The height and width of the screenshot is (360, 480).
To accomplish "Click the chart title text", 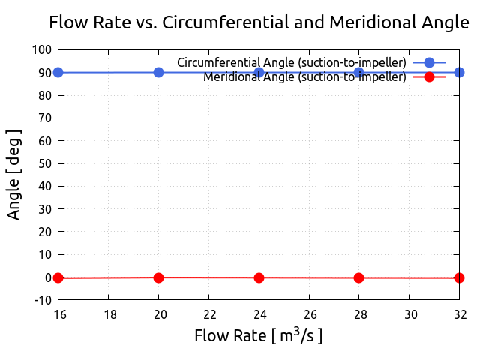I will click(259, 22).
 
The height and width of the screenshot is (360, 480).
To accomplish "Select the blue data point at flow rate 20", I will click(158, 72).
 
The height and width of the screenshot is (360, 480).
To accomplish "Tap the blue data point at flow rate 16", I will click(58, 72).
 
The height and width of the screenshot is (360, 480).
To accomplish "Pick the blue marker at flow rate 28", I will click(359, 72).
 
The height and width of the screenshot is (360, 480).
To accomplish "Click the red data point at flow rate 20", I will click(158, 277).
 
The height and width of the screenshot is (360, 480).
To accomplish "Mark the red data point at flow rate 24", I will click(259, 277).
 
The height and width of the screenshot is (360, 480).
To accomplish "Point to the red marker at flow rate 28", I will click(359, 277).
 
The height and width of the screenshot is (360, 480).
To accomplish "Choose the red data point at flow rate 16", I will click(58, 277).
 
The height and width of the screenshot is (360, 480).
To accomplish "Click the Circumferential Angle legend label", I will click(292, 62).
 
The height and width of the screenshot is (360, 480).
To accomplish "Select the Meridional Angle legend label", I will click(304, 76).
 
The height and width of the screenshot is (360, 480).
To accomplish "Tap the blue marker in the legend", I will click(429, 62).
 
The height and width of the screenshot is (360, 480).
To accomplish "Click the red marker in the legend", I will click(429, 76).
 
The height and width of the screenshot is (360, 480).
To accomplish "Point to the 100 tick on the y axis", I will click(42, 49).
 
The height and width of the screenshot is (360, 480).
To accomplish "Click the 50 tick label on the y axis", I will click(45, 163).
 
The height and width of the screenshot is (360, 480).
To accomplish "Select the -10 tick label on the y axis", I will click(42, 300).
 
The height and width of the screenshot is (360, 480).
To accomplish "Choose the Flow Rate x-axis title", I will click(259, 335).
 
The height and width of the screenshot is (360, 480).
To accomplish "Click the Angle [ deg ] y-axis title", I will click(14, 175).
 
